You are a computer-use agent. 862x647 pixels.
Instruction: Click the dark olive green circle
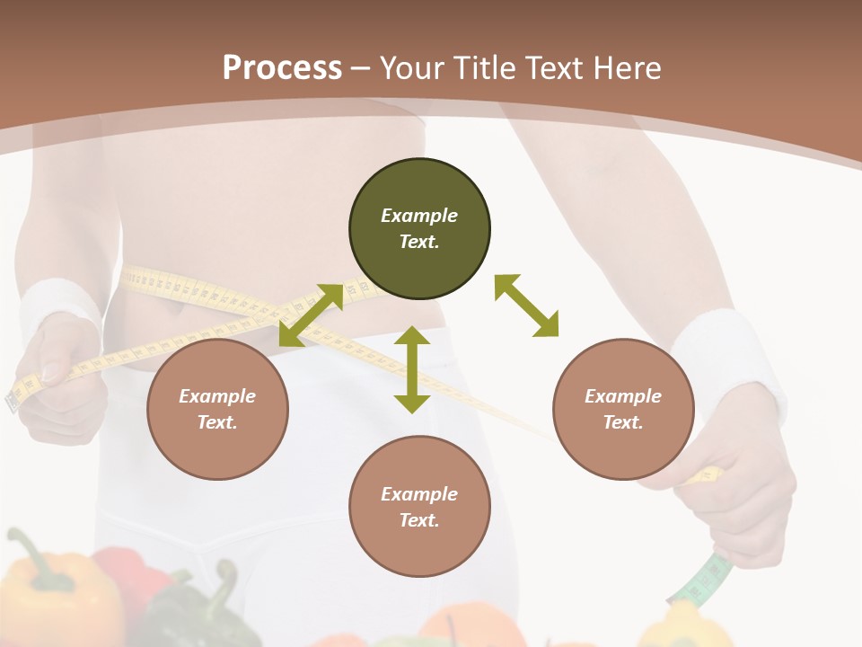419,229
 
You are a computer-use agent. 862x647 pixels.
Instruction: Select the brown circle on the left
217,409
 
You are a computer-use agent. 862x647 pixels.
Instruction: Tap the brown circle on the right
623,409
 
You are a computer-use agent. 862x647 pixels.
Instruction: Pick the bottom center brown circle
419,507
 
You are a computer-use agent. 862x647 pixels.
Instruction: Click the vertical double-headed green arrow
412,369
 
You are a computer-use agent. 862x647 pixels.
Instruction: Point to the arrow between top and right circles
526,306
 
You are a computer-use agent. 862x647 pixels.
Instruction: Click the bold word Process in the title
282,67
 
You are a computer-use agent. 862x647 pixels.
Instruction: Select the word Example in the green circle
419,216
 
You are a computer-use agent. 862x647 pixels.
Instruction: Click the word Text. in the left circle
217,422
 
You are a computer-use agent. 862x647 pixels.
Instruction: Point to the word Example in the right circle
623,396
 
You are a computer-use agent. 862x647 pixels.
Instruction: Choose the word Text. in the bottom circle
419,520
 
